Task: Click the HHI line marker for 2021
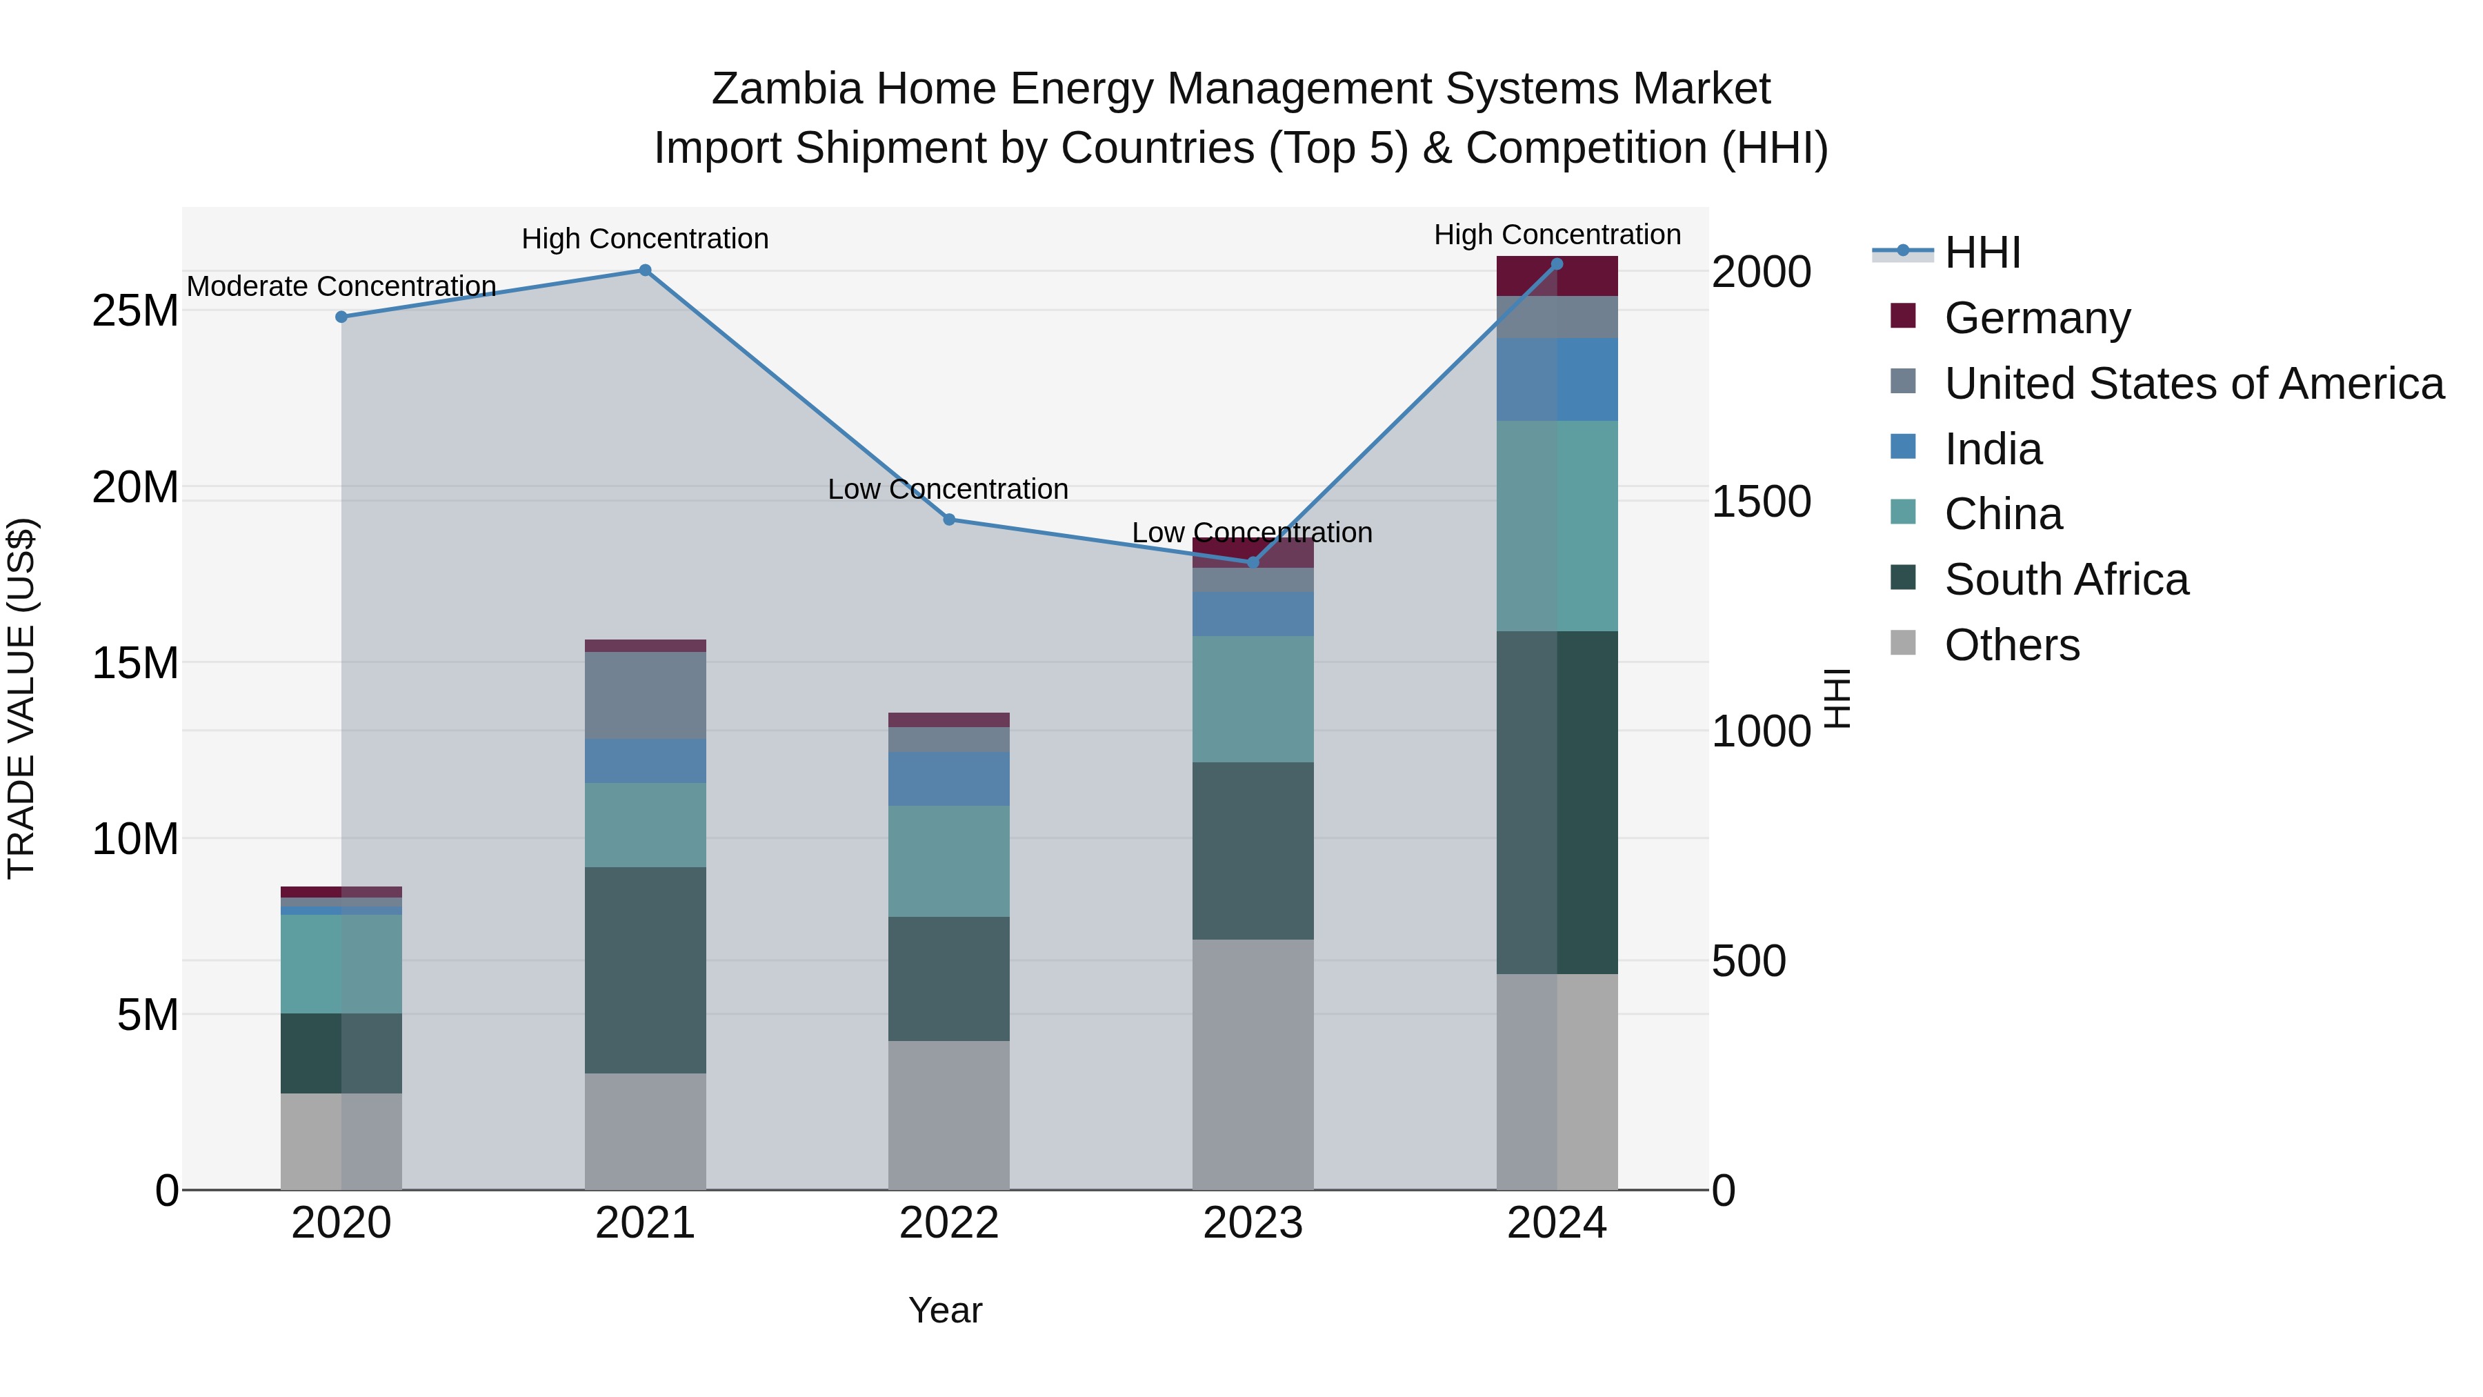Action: click(x=645, y=270)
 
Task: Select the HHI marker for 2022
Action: click(x=948, y=519)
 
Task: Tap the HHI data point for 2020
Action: click(x=341, y=316)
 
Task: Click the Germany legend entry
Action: click(x=2036, y=318)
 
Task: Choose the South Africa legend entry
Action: click(x=2066, y=579)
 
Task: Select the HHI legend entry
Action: click(x=1982, y=252)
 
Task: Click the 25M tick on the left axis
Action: click(x=135, y=311)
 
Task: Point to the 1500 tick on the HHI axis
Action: click(x=1761, y=502)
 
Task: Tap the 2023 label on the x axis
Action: click(x=1252, y=1223)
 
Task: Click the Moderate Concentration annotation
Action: click(x=341, y=286)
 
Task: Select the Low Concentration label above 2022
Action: click(x=948, y=489)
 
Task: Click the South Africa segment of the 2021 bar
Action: click(x=645, y=969)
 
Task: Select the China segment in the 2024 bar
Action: click(x=1557, y=526)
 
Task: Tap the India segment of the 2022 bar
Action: click(x=948, y=778)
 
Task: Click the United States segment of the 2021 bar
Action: click(x=645, y=695)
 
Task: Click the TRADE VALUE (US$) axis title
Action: click(x=21, y=698)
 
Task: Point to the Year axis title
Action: click(x=945, y=1310)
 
